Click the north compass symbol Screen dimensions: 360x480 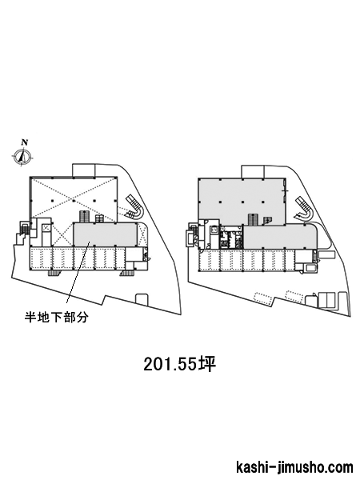tap(22, 157)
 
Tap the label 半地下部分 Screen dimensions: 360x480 tap(56, 318)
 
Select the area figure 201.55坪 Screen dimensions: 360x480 tap(180, 364)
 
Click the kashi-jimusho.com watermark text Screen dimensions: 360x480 tap(294, 468)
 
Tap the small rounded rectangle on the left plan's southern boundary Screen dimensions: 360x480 tap(141, 299)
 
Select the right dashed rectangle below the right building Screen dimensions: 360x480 tap(294, 295)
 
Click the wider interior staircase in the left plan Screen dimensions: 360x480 tap(84, 217)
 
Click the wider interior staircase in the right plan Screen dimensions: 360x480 tap(253, 219)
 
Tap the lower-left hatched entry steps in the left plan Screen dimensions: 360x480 tap(54, 273)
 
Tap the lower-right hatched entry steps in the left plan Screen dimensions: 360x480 tap(126, 273)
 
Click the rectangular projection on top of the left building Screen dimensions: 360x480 tap(84, 170)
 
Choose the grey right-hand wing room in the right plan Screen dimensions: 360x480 tap(281, 237)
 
